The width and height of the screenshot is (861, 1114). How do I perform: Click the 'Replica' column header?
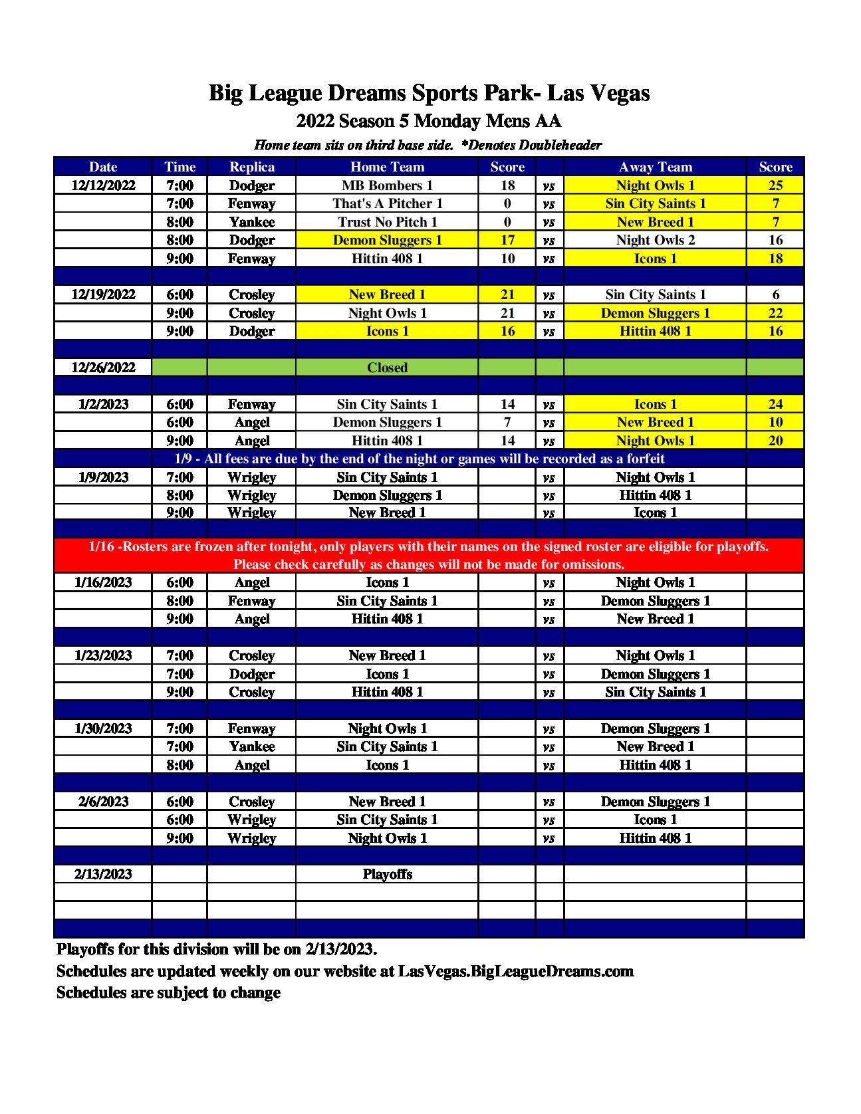[251, 167]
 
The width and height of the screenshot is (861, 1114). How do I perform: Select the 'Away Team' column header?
[655, 167]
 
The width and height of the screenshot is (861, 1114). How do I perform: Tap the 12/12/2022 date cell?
[103, 185]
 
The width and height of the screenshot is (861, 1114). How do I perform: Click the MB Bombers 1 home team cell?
[387, 185]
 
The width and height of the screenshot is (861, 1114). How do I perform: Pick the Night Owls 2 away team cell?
[655, 240]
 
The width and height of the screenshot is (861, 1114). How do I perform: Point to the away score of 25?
[775, 185]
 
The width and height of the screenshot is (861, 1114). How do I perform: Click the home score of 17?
[507, 240]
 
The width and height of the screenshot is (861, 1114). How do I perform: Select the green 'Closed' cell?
[387, 368]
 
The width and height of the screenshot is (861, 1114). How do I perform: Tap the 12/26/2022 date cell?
[103, 368]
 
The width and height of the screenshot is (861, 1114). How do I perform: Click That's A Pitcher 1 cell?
[387, 203]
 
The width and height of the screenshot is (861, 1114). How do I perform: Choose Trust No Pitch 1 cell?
[387, 222]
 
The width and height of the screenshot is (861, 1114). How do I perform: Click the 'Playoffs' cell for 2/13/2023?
[387, 874]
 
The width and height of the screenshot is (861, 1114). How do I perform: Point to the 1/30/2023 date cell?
[103, 728]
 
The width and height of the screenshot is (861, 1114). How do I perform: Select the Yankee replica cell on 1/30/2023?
[251, 746]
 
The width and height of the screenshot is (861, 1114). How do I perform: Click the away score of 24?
[775, 404]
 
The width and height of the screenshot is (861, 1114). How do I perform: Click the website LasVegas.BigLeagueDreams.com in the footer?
[515, 971]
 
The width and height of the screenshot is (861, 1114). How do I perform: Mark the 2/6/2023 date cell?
[103, 802]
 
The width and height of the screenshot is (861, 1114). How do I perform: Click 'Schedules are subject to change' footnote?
[168, 992]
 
